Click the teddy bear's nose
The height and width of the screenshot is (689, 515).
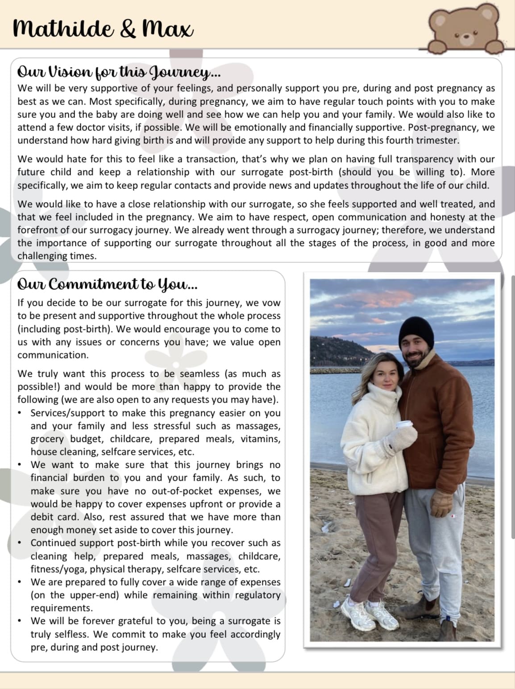466,37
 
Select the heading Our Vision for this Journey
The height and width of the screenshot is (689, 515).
119,71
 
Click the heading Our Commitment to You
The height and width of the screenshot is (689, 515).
107,284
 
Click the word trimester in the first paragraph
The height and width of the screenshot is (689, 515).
436,140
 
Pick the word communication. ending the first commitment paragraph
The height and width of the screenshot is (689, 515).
53,355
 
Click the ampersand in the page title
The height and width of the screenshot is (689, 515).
128,29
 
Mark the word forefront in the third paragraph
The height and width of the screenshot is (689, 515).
37,230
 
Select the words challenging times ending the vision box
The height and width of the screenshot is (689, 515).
57,256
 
